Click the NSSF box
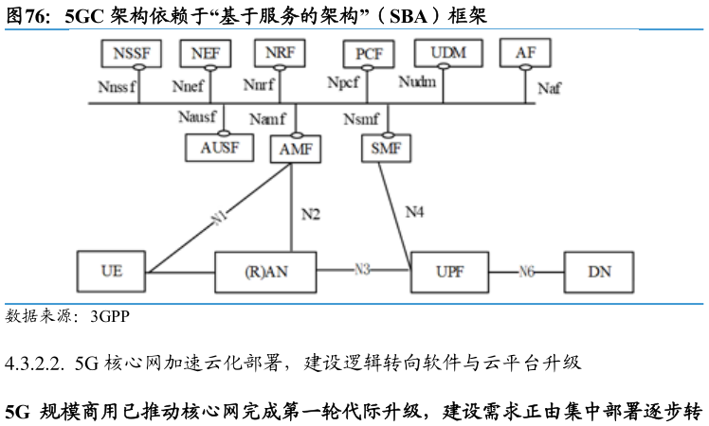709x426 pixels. tap(131, 53)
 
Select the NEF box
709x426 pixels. tap(206, 53)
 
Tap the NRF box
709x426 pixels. tap(280, 53)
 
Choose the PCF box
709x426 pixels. tap(369, 54)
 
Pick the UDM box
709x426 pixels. tap(448, 53)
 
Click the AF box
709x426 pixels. tap(525, 53)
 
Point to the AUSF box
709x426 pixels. tap(219, 148)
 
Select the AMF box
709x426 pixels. tap(296, 149)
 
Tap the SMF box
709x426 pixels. tap(386, 149)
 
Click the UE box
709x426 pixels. tap(111, 272)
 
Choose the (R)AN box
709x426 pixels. tap(265, 273)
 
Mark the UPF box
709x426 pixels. tap(449, 272)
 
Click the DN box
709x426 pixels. tap(599, 272)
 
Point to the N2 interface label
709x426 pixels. tap(311, 214)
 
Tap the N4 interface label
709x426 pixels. tap(414, 211)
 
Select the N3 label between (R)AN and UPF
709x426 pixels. tap(362, 270)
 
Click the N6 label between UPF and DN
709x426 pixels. tap(526, 272)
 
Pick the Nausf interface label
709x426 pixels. tap(197, 117)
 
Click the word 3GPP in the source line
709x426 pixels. tap(110, 316)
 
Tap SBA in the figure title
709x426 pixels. tap(409, 16)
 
